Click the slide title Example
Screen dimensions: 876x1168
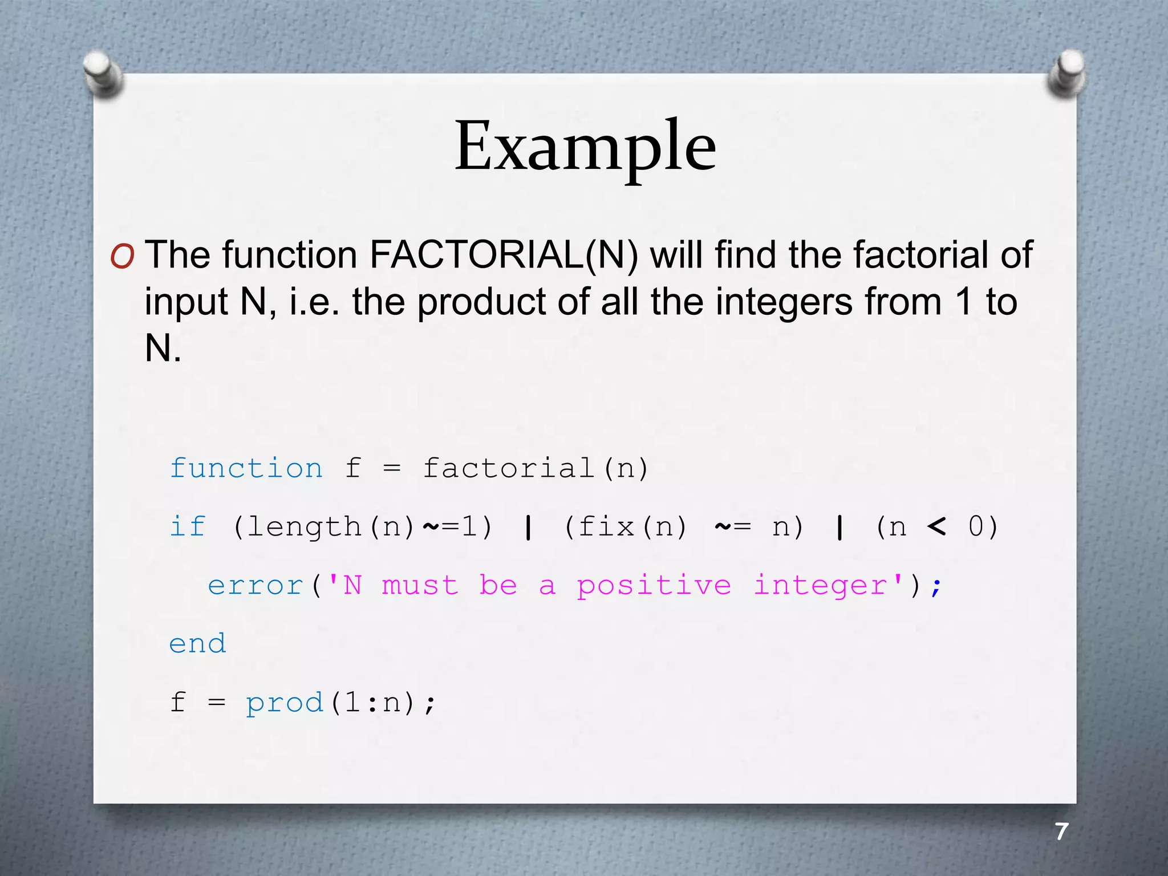(x=585, y=147)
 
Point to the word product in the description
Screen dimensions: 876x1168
(x=481, y=302)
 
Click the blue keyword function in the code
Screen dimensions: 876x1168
(x=246, y=469)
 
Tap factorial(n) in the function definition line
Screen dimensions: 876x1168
(x=536, y=469)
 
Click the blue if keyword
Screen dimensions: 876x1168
(x=188, y=526)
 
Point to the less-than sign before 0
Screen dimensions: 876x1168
(x=936, y=526)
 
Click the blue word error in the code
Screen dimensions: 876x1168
(x=255, y=586)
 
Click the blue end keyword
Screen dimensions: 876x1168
(x=198, y=644)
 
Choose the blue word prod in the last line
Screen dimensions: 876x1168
(x=285, y=703)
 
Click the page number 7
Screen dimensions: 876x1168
(x=1061, y=832)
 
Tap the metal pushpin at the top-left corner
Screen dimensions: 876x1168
(x=103, y=73)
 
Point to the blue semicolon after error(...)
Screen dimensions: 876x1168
(x=936, y=587)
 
